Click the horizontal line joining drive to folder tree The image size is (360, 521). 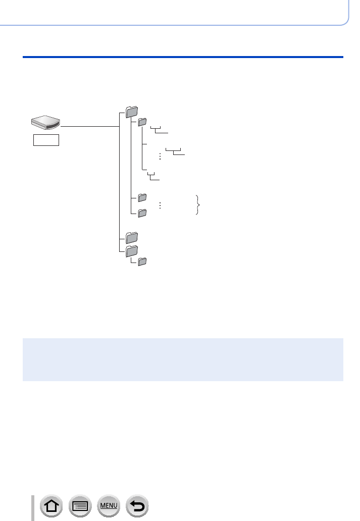[x=89, y=126]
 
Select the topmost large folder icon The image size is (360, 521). [x=131, y=112]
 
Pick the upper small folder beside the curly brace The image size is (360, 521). [x=142, y=197]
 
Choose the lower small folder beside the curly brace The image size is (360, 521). [x=142, y=213]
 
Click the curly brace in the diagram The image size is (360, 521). [x=197, y=205]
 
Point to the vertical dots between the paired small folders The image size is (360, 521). [x=160, y=205]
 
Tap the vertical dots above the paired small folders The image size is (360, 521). [x=160, y=157]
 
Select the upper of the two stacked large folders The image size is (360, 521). [x=131, y=236]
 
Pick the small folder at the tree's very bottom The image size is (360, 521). [x=142, y=262]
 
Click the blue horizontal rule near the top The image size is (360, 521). [x=183, y=57]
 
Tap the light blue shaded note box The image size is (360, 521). [x=183, y=359]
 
